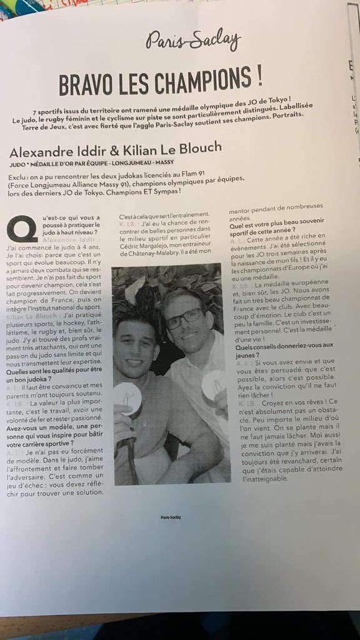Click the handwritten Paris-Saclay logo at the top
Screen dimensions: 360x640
click(x=193, y=41)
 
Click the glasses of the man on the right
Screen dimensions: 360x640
click(x=183, y=317)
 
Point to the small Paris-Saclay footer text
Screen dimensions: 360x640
click(x=171, y=517)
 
